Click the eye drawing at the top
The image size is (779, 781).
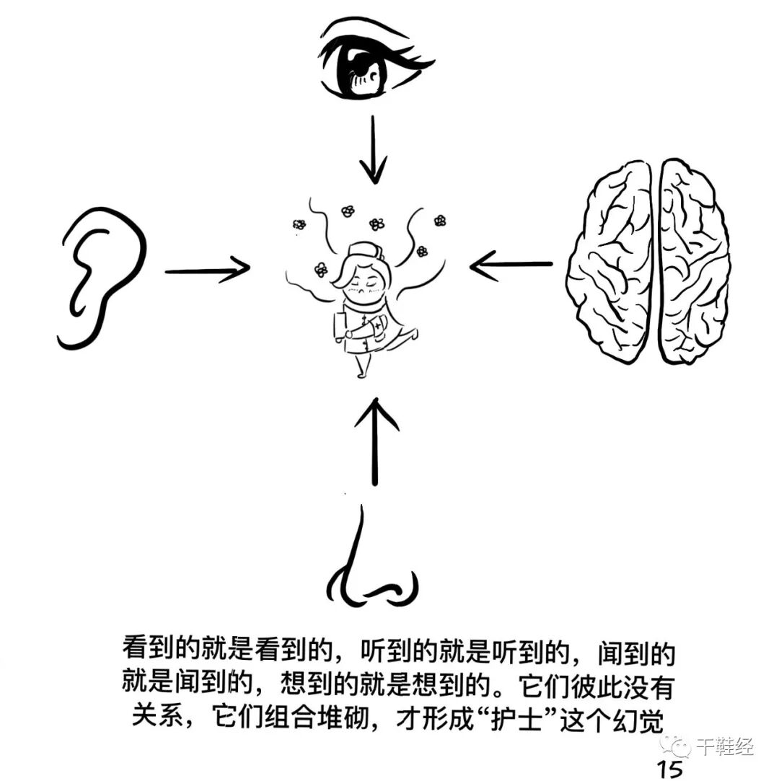pyautogui.click(x=371, y=60)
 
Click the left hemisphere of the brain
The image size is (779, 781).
pyautogui.click(x=610, y=262)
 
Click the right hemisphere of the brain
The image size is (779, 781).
pyautogui.click(x=694, y=262)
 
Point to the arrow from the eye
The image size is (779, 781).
pyautogui.click(x=373, y=149)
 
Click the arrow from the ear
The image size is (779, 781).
pyautogui.click(x=207, y=270)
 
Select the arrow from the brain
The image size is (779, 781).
pyautogui.click(x=511, y=264)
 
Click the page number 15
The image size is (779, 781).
pyautogui.click(x=670, y=769)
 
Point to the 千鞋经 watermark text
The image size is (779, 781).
pyautogui.click(x=725, y=746)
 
